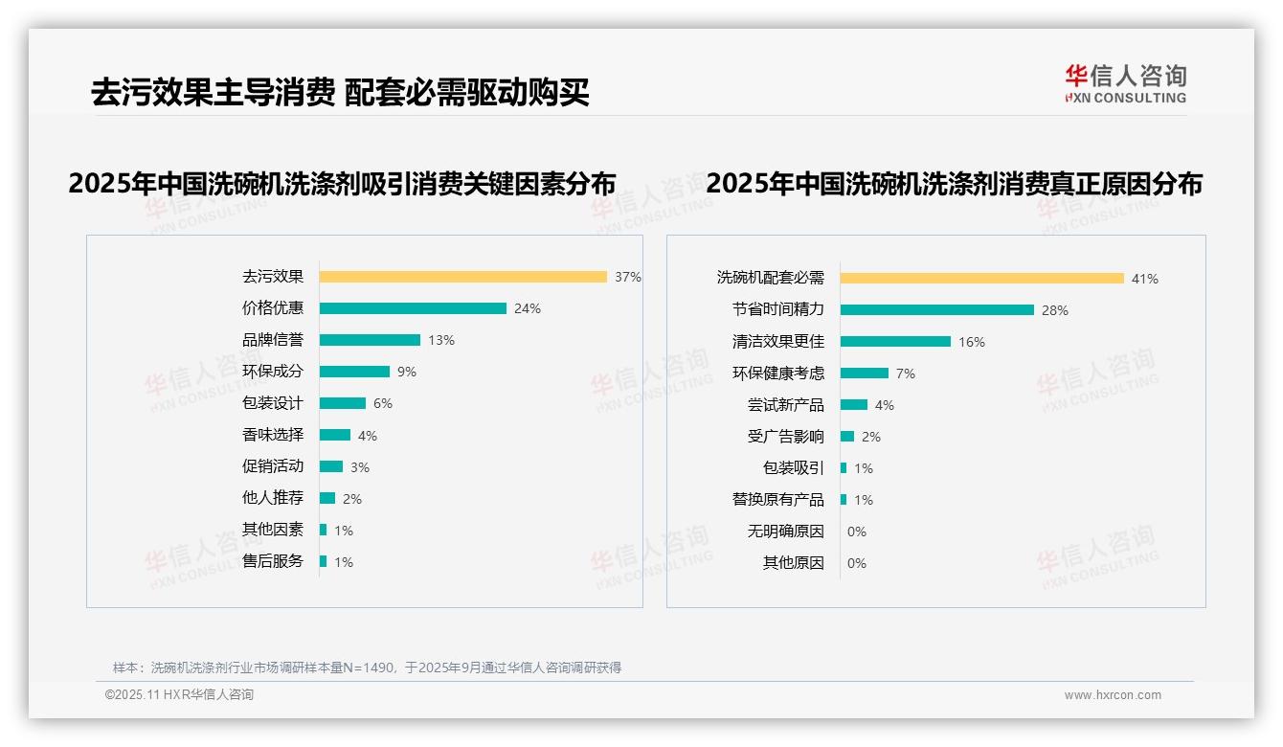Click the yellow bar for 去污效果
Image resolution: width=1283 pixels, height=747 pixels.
click(x=462, y=277)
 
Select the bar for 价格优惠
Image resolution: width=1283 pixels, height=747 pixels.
click(x=413, y=308)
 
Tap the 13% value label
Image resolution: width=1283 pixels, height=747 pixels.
click(x=441, y=340)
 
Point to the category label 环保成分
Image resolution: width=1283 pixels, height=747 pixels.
click(x=273, y=372)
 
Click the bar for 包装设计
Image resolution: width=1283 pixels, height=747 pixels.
click(x=343, y=403)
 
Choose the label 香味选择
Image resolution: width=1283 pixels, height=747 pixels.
click(x=273, y=435)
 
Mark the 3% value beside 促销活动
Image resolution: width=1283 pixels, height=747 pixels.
click(x=360, y=467)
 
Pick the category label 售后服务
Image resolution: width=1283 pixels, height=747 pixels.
click(x=273, y=561)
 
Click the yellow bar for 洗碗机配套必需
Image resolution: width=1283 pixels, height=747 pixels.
click(x=982, y=279)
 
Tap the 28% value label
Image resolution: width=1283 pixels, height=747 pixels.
click(x=1055, y=310)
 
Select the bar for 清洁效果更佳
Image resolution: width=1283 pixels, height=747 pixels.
click(x=895, y=342)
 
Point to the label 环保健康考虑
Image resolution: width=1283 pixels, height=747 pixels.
click(x=778, y=373)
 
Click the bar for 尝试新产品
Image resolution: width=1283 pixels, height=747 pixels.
click(x=854, y=405)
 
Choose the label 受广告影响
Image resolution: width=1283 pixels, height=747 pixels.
click(x=786, y=437)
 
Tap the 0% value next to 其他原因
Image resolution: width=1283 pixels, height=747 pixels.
click(x=857, y=563)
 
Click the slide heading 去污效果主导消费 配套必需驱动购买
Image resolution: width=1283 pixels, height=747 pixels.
click(x=340, y=92)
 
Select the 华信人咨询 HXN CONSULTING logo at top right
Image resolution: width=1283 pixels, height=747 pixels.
click(x=1126, y=84)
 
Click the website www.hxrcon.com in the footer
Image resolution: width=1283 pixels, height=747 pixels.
click(x=1113, y=695)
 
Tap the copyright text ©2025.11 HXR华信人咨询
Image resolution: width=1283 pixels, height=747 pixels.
click(x=179, y=695)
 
